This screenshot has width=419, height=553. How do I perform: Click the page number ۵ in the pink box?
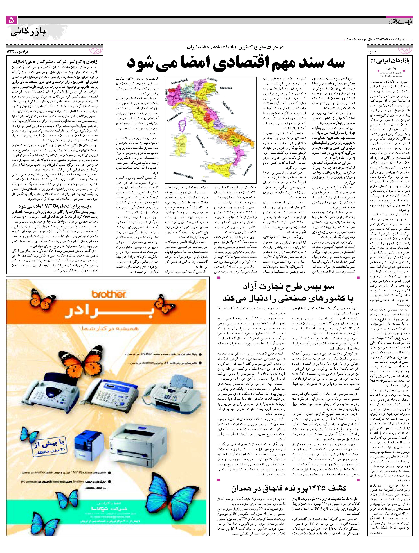tap(12, 20)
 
